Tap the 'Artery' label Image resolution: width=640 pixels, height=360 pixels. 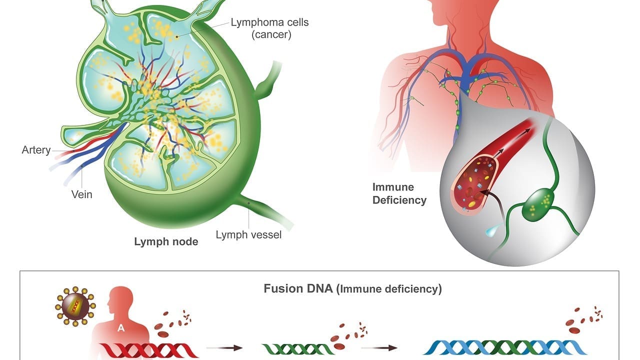click(x=36, y=150)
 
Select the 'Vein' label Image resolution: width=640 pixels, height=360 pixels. click(x=81, y=194)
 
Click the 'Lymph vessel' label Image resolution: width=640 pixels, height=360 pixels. click(x=248, y=234)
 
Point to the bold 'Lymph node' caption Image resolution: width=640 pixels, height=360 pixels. click(x=166, y=242)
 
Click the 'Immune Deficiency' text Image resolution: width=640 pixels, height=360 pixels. click(x=399, y=194)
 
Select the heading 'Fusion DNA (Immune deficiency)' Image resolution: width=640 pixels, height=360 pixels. click(x=352, y=289)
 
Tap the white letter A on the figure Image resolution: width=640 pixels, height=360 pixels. click(x=120, y=328)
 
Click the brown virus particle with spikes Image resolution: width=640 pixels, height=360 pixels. click(x=75, y=306)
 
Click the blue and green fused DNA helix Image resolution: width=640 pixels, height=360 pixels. click(x=505, y=347)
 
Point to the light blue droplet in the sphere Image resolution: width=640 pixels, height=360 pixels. click(x=491, y=231)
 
